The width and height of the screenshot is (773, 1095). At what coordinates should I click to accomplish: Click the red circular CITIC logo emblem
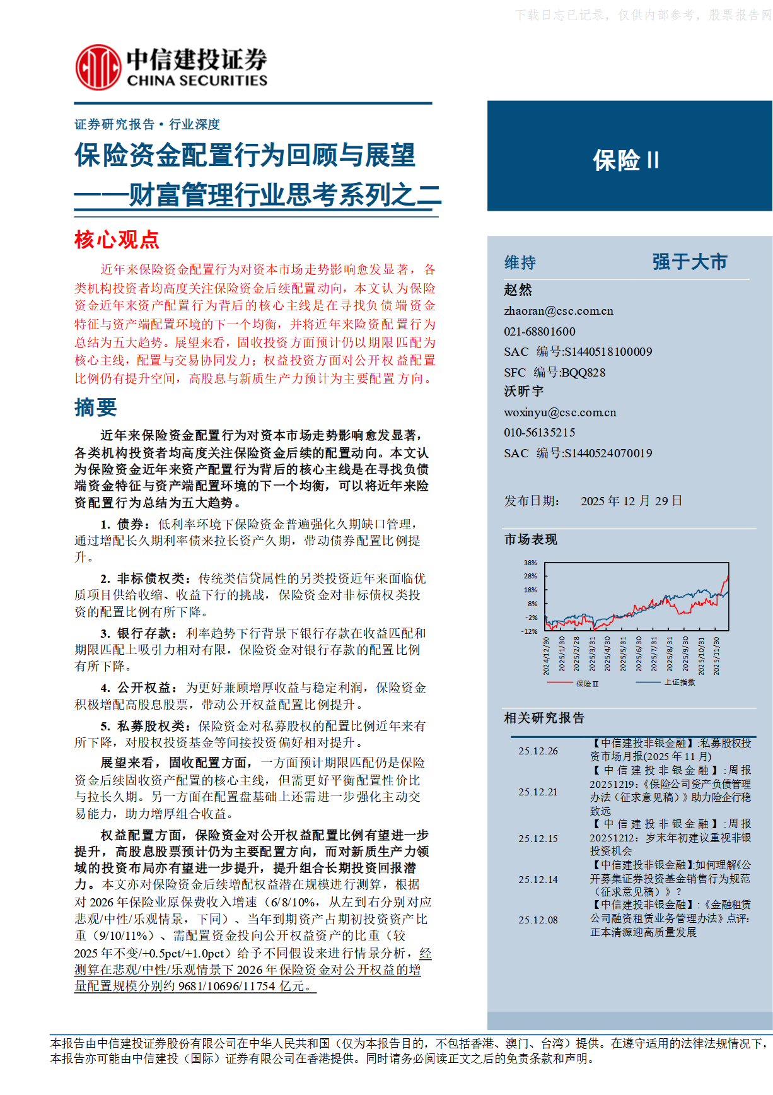click(98, 67)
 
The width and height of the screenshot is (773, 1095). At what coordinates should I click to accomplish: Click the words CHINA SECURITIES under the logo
click(197, 81)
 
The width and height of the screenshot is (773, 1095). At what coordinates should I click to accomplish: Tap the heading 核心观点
click(117, 240)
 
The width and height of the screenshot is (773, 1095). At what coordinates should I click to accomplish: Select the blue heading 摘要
click(95, 407)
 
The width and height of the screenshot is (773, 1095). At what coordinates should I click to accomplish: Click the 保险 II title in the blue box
click(625, 160)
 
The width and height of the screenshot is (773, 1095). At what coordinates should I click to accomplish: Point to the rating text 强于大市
click(689, 262)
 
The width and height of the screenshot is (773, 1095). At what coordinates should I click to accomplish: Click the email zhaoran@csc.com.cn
click(558, 311)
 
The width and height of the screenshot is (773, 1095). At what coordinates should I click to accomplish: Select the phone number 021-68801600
click(539, 332)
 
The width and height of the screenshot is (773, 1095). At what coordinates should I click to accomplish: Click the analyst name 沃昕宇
click(523, 392)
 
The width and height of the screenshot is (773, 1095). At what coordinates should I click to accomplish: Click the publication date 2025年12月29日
click(631, 501)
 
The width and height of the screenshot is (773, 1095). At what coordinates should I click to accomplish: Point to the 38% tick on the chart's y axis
click(530, 563)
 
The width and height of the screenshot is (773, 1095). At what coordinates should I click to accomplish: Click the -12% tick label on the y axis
click(529, 631)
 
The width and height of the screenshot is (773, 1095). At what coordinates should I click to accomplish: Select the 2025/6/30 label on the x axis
click(638, 654)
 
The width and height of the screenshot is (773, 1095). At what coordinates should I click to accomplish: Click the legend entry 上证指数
click(679, 682)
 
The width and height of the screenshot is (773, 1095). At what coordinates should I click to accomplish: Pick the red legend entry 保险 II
click(586, 683)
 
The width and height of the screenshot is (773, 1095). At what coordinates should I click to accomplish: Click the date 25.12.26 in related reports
click(538, 751)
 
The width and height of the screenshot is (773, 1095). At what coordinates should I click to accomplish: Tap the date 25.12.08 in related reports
click(538, 920)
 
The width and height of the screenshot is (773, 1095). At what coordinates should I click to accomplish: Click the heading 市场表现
click(530, 539)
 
